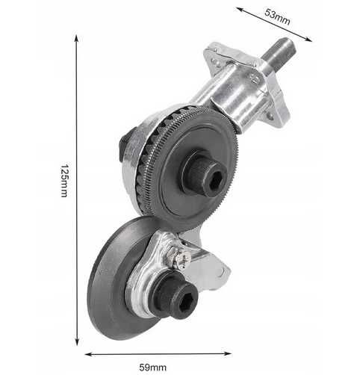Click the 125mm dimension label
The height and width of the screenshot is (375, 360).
64,181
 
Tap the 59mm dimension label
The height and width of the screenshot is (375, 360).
153,368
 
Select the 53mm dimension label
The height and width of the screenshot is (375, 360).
277,16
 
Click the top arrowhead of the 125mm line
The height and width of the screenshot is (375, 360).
77,38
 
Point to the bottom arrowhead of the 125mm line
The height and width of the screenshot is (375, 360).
77,342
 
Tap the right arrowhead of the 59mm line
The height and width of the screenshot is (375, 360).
228,353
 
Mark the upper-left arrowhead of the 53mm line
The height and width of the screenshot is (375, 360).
240,10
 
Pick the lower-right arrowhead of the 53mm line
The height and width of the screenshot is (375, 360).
308,39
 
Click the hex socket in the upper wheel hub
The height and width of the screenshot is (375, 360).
216,181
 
